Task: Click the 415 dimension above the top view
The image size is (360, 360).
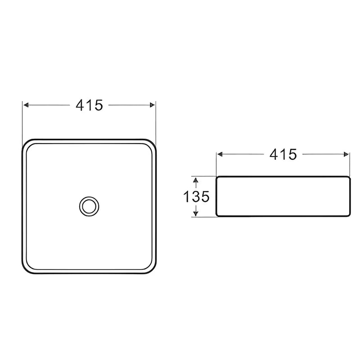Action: (x=90, y=105)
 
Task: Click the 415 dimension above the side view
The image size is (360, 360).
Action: (x=283, y=154)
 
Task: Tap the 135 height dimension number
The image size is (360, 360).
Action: (x=196, y=197)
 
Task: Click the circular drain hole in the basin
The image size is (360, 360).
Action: (x=89, y=206)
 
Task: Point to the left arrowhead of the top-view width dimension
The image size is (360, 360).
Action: (x=26, y=105)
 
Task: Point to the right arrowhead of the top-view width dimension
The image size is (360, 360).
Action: (x=153, y=105)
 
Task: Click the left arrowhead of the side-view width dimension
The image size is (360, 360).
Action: (x=220, y=154)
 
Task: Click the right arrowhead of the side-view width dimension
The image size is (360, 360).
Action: (x=346, y=154)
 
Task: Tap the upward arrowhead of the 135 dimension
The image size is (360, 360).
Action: (x=196, y=180)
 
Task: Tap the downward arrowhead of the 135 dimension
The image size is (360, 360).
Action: (x=196, y=213)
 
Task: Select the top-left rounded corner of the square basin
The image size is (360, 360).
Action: (x=27, y=144)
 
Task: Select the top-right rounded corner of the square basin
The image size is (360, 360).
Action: (x=150, y=144)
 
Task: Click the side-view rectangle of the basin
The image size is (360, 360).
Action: (x=283, y=196)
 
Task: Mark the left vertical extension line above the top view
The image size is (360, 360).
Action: (x=23, y=119)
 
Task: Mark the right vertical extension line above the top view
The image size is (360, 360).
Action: (x=155, y=119)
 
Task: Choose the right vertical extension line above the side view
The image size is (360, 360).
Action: (x=350, y=164)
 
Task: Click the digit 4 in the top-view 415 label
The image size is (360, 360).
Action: (x=80, y=105)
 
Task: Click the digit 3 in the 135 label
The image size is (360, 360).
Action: (x=196, y=197)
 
